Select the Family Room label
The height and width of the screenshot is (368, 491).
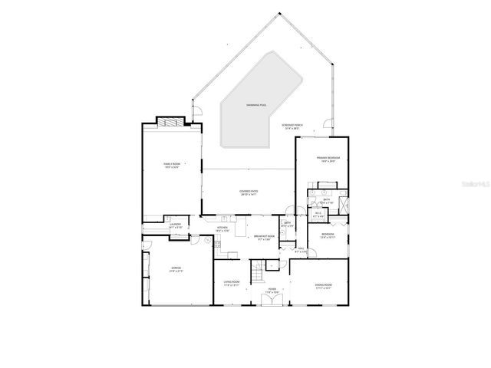(x=170, y=166)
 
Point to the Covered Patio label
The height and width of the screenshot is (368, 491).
(x=248, y=193)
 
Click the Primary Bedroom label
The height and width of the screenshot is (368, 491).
(x=328, y=159)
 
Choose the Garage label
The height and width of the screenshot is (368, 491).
(x=176, y=269)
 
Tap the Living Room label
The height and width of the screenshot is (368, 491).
(x=232, y=284)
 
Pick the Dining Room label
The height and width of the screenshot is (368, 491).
(x=322, y=286)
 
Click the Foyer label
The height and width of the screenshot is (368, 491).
(x=272, y=290)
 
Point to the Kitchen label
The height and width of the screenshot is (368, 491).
(x=222, y=228)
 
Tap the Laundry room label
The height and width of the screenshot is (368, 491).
(x=175, y=225)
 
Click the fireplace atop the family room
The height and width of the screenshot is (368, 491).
(x=170, y=121)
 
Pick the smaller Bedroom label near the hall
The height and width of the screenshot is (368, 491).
(x=328, y=235)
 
